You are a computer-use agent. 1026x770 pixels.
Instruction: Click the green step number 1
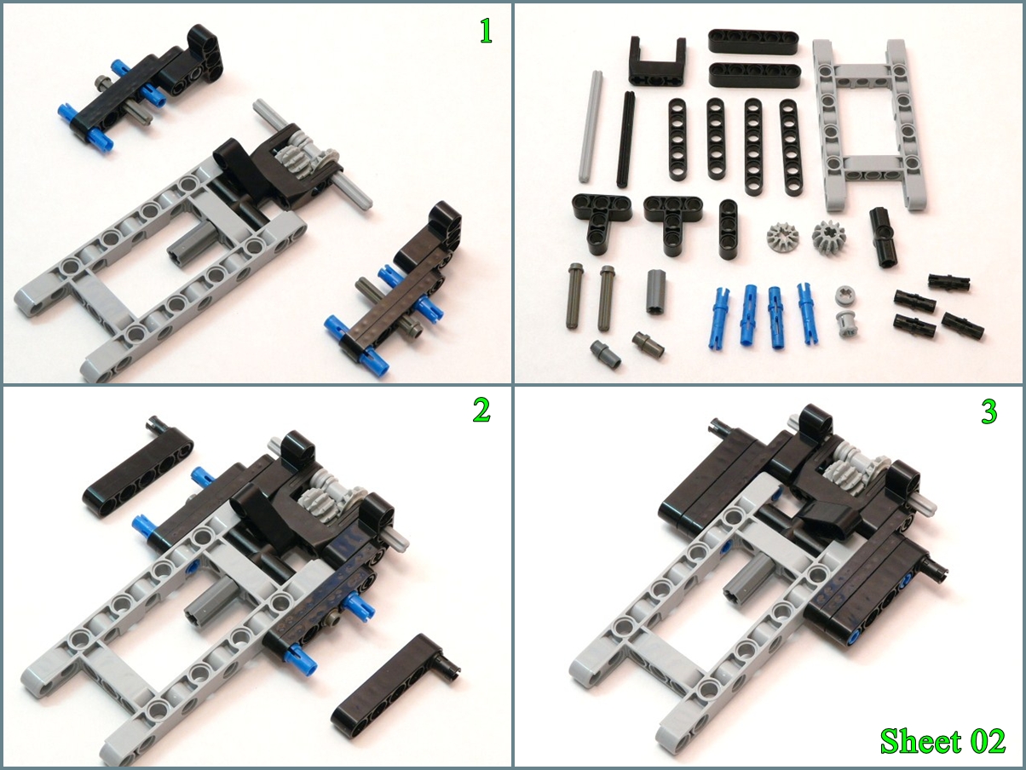tap(486, 32)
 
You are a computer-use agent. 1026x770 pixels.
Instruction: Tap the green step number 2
tap(481, 411)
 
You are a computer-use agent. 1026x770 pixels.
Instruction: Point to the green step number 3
tap(989, 411)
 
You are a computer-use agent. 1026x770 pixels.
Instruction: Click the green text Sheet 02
tap(942, 742)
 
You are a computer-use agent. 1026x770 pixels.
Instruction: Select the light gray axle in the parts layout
tap(591, 127)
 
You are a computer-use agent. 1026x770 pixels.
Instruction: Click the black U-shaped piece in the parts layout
tap(658, 60)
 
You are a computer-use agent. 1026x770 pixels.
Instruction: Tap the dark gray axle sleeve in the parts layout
tap(657, 297)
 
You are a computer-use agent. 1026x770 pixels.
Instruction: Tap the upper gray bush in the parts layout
tap(845, 296)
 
